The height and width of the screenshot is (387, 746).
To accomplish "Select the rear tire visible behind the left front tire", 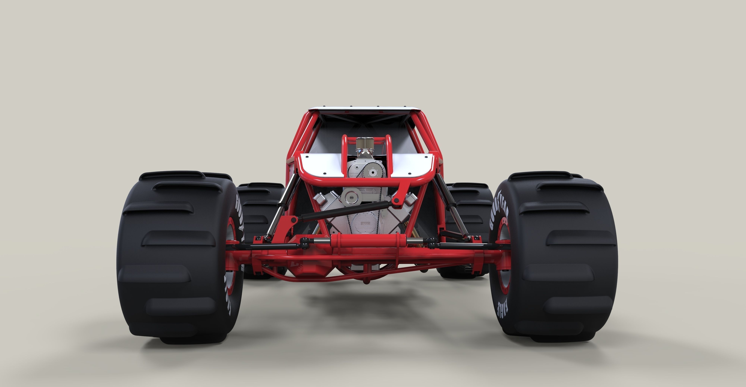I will pyautogui.click(x=261, y=203).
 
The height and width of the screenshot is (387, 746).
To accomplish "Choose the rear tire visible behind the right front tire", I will pyautogui.click(x=469, y=203).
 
